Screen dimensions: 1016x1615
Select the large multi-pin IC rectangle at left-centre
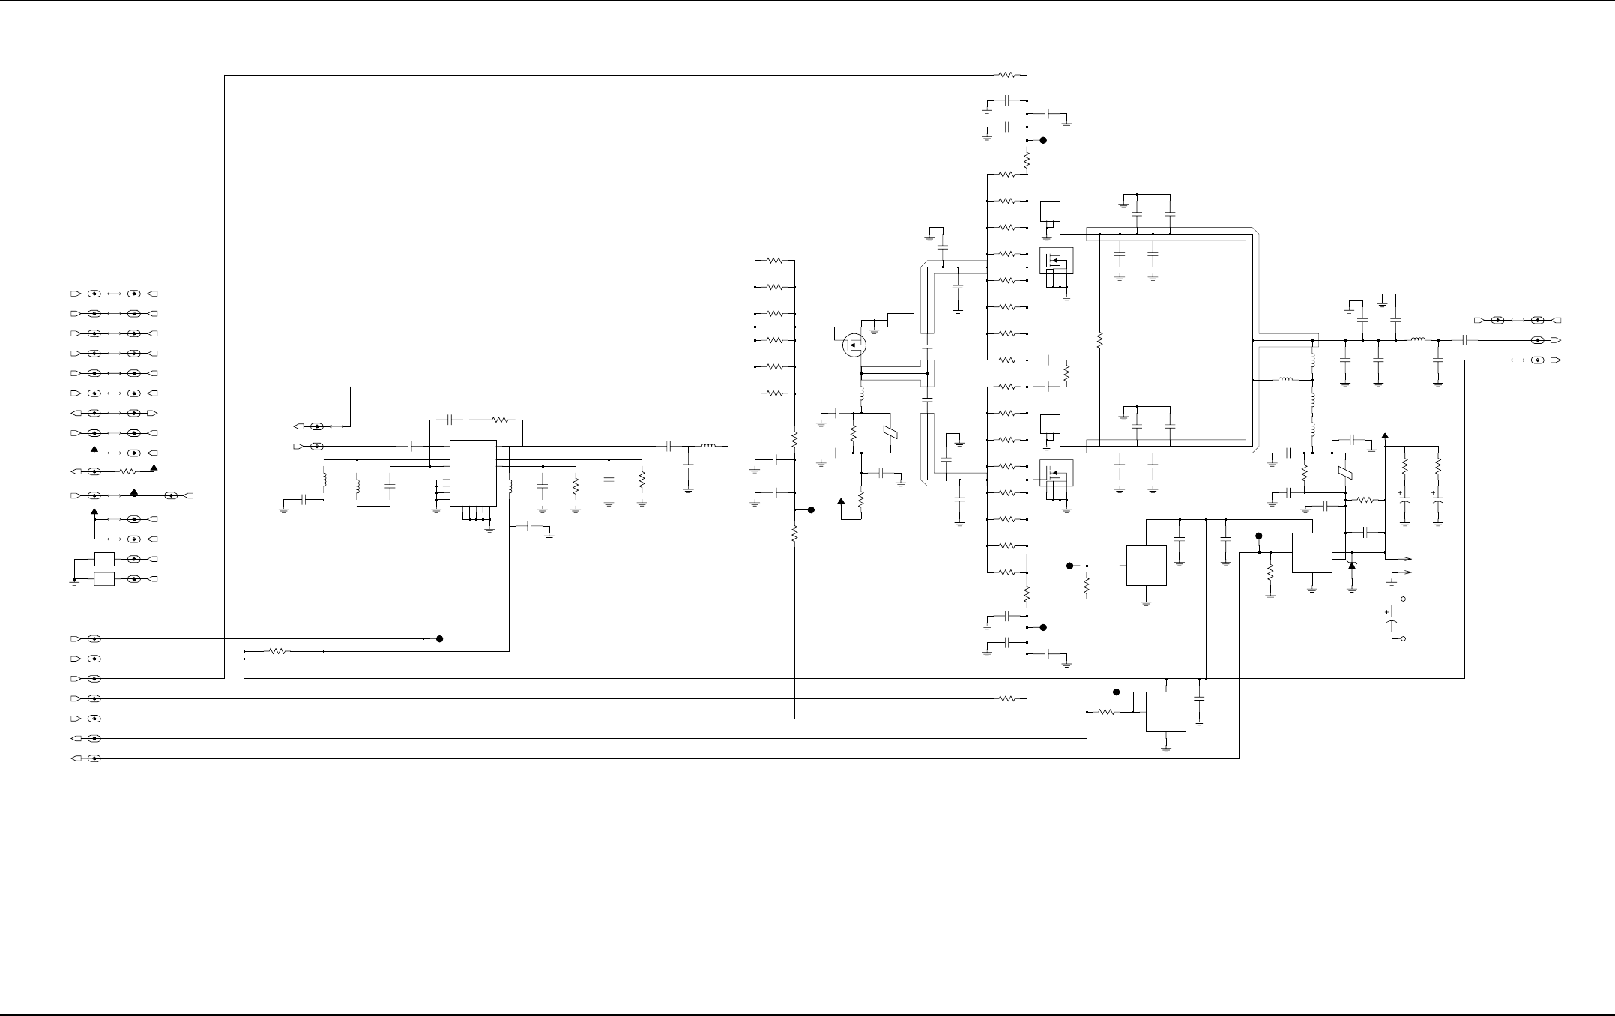pyautogui.click(x=473, y=473)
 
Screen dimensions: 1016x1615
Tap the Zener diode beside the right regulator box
pyautogui.click(x=1352, y=566)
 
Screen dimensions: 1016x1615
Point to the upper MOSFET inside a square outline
pyautogui.click(x=1055, y=261)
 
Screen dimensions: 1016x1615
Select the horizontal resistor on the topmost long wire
pyautogui.click(x=1008, y=75)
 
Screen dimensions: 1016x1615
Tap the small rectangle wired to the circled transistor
pyautogui.click(x=900, y=320)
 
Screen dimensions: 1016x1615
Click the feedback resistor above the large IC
pyautogui.click(x=501, y=420)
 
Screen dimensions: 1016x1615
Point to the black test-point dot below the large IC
pyautogui.click(x=440, y=638)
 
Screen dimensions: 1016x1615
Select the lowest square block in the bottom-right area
pyautogui.click(x=1166, y=711)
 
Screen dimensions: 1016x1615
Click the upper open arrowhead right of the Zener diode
pyautogui.click(x=1407, y=559)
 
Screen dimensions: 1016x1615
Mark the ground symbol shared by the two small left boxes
pyautogui.click(x=74, y=582)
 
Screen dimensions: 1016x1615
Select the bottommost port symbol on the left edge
pyautogui.click(x=75, y=758)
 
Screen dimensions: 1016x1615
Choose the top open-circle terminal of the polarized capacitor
pyautogui.click(x=1403, y=599)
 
